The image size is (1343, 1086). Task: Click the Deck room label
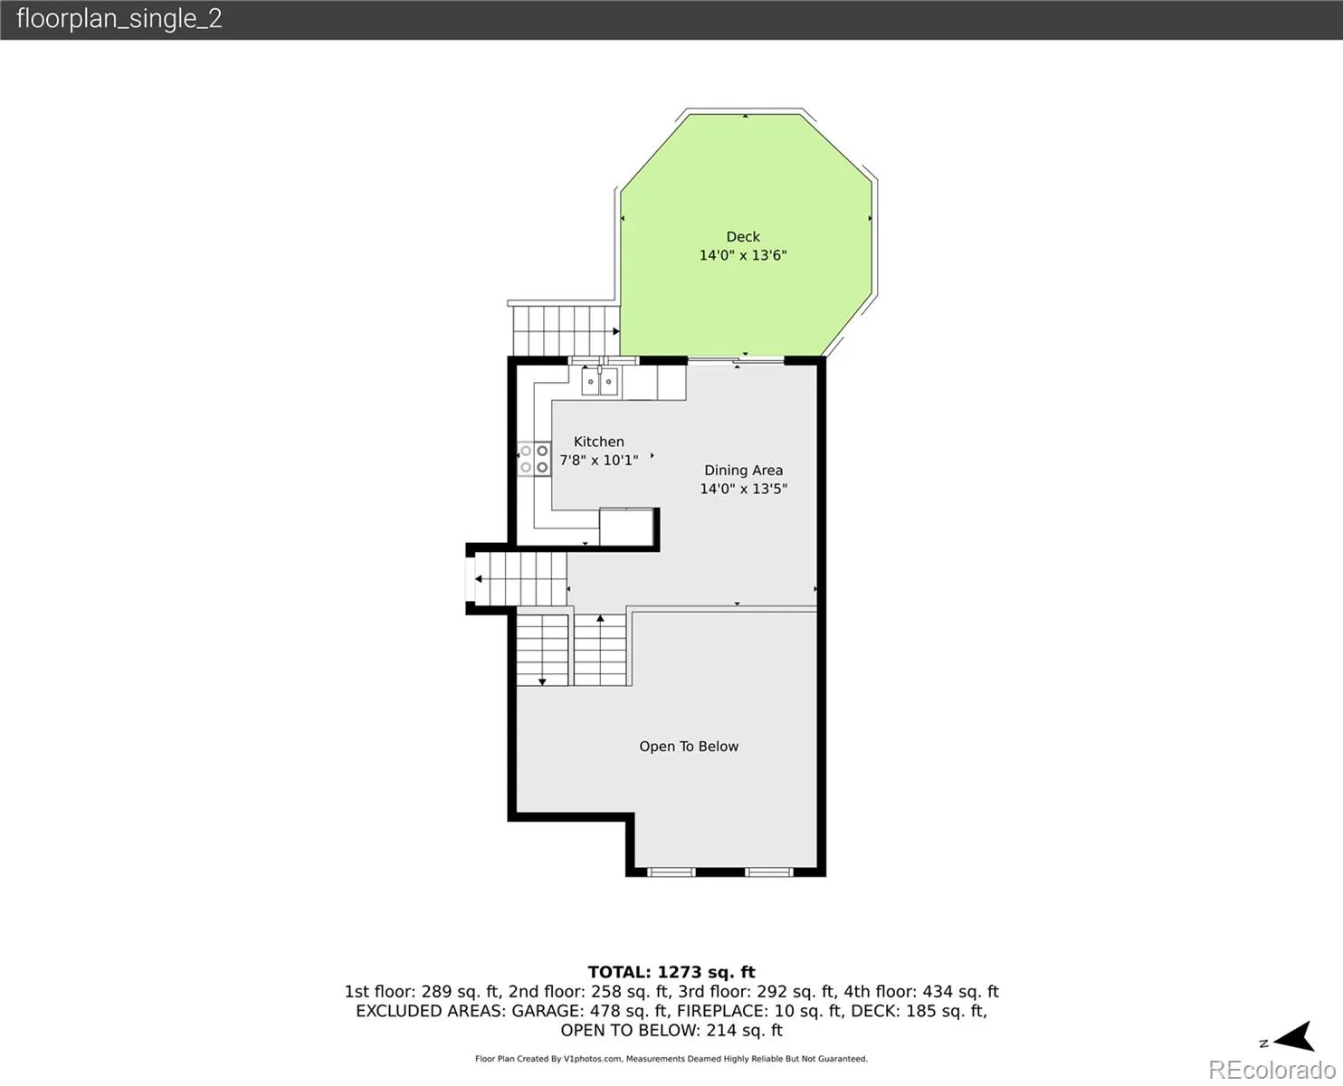coord(743,237)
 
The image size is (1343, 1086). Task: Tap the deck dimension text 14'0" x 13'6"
coord(743,255)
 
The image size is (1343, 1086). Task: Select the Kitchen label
coord(598,442)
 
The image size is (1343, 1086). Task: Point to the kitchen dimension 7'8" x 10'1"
coord(598,460)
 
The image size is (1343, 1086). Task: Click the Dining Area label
coord(743,471)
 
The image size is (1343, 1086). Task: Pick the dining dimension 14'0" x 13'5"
coord(743,489)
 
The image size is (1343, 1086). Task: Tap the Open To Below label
coord(689,747)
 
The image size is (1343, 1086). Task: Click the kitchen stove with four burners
coord(534,459)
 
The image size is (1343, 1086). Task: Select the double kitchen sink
coord(599,382)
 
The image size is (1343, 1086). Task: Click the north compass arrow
coord(1295,1037)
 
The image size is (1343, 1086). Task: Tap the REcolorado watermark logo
coord(1272,1070)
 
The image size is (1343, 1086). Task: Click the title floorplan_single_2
coord(119,19)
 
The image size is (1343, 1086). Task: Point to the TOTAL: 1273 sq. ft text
coord(671,972)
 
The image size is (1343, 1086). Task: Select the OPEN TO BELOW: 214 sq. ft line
coord(671,1031)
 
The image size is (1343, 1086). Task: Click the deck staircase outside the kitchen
coord(566,331)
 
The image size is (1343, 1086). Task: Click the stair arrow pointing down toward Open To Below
coord(542,651)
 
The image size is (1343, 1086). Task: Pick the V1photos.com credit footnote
coord(671,1059)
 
